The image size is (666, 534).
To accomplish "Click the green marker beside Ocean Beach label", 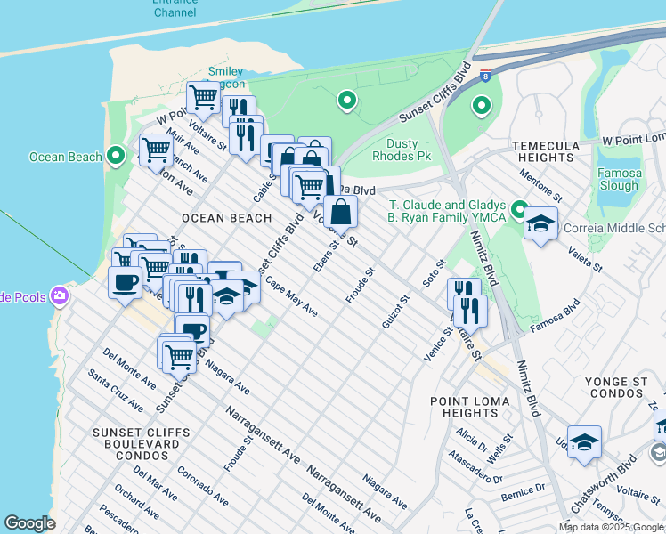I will (x=115, y=157).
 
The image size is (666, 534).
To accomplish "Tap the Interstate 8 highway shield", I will (x=485, y=76).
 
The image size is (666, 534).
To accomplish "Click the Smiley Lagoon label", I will (x=225, y=78).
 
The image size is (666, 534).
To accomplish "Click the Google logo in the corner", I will (x=29, y=523).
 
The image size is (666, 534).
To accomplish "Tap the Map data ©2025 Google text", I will (x=610, y=527).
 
